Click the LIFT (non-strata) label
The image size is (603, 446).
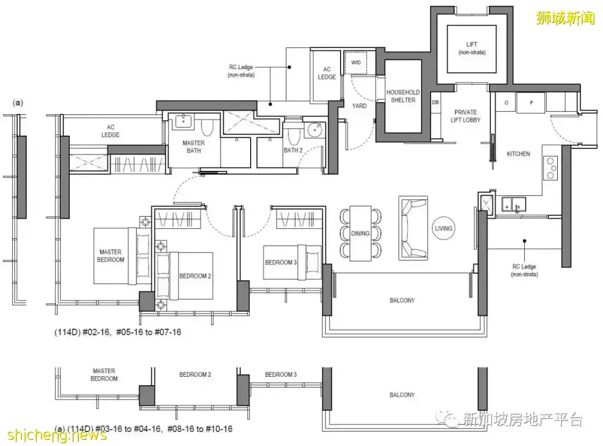pos(471,48)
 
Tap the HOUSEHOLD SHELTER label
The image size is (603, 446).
pos(403,96)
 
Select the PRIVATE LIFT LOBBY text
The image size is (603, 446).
pos(465,116)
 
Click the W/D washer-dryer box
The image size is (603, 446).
pos(355,63)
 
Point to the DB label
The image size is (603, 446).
pos(435,102)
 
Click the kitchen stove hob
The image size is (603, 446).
pos(551,168)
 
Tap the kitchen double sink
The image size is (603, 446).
pos(514,205)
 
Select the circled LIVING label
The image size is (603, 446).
pos(443,228)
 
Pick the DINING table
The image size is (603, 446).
pos(360,233)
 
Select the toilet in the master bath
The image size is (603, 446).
pos(207,127)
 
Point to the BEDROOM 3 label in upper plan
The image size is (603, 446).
pos(281,262)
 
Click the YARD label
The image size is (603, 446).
pos(359,105)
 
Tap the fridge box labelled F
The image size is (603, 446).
pos(531,103)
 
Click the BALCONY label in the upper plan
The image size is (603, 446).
pos(402,300)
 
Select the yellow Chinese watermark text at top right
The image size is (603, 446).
pos(565,18)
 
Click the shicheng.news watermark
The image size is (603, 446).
pos(56,435)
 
